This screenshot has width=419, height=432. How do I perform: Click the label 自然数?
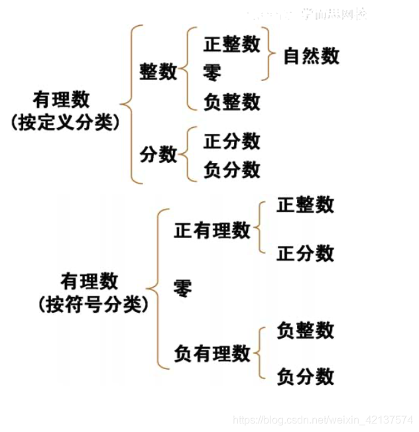click(311, 56)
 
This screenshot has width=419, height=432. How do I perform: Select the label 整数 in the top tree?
click(158, 71)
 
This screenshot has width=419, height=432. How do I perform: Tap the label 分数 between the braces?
click(158, 154)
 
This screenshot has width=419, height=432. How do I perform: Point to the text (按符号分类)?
click(93, 304)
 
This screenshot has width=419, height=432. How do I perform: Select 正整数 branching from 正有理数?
click(305, 205)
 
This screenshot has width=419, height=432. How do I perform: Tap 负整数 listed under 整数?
click(231, 101)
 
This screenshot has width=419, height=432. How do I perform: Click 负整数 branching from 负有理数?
click(305, 330)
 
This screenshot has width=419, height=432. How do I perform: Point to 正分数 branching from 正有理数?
click(305, 253)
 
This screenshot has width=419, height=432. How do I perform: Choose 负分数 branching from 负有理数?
click(305, 377)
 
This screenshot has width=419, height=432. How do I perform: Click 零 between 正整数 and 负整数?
click(213, 72)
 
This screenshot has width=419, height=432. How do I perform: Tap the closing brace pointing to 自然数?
click(269, 54)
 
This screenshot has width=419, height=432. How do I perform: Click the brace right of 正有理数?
click(261, 229)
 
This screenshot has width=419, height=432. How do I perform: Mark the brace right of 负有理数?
click(261, 353)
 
